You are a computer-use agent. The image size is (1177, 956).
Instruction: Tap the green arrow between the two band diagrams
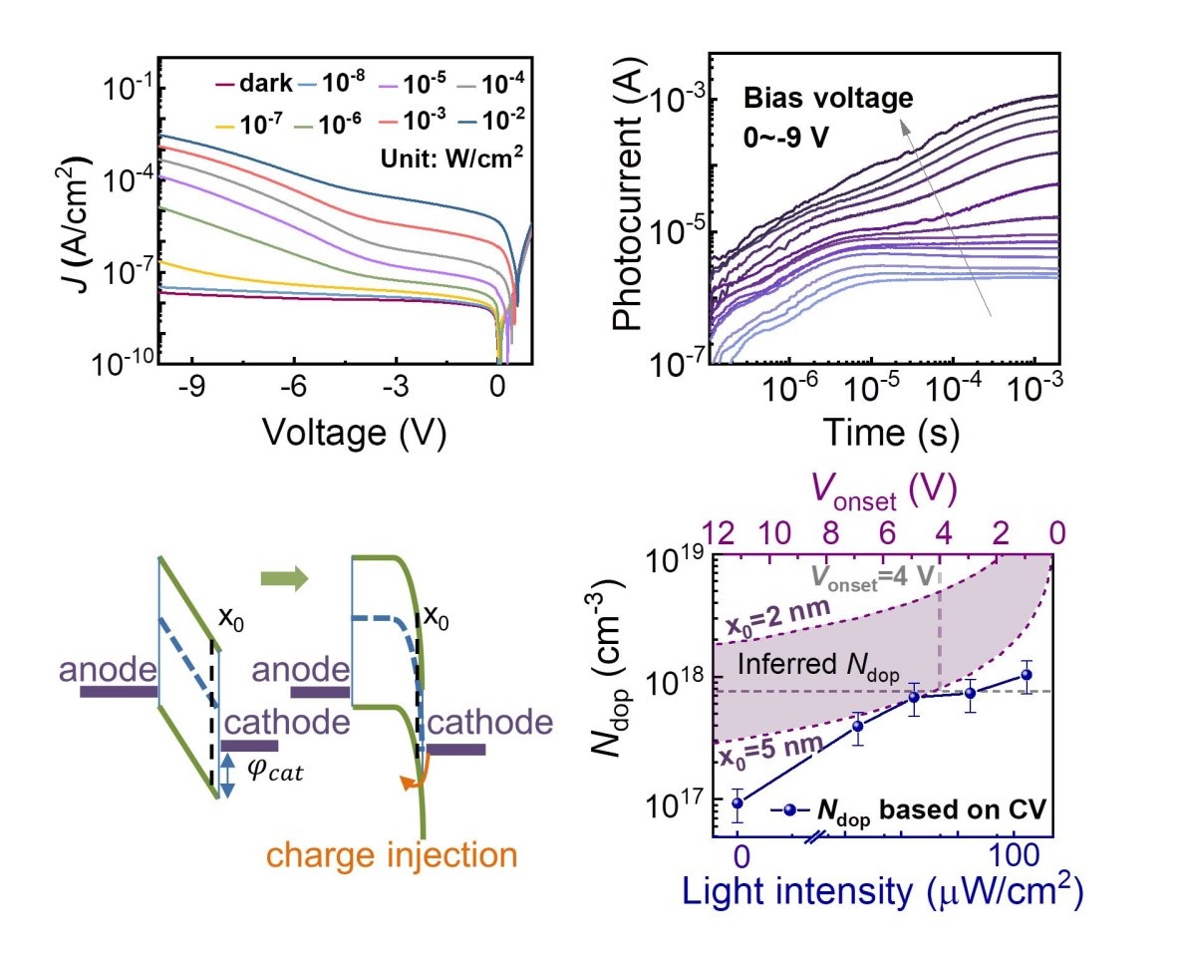282,579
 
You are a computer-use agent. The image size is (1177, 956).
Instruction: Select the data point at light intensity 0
738,803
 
